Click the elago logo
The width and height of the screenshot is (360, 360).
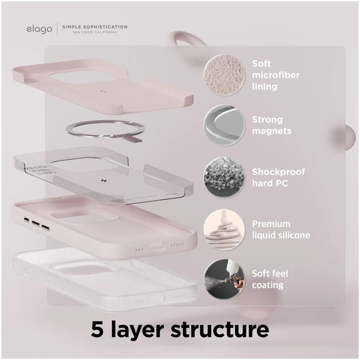coord(39,30)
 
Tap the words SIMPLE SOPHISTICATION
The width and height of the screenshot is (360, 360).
coord(95,27)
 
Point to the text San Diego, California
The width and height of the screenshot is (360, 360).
coord(95,32)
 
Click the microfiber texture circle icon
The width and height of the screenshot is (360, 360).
coord(224,75)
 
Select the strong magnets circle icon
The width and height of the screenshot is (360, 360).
coord(224,126)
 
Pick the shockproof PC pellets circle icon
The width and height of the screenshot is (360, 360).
coord(224,177)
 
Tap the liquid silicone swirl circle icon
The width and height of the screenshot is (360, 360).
coord(224,229)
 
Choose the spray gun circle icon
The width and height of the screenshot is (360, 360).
coord(224,279)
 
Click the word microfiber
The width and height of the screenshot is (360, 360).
coord(276,75)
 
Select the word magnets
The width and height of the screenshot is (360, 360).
coord(272,131)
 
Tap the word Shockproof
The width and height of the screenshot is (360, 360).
coord(279,172)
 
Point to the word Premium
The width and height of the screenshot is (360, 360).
coord(271,224)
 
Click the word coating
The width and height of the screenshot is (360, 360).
coord(268,285)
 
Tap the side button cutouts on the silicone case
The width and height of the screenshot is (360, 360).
coord(36,223)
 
